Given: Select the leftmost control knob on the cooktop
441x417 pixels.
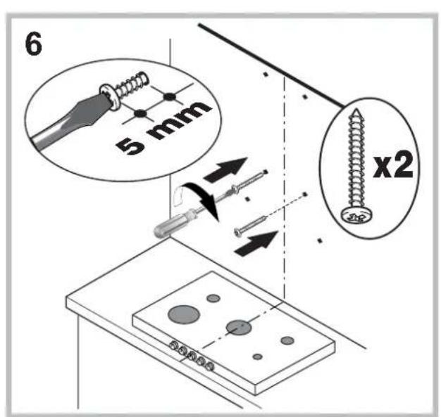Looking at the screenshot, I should click(x=171, y=344).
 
